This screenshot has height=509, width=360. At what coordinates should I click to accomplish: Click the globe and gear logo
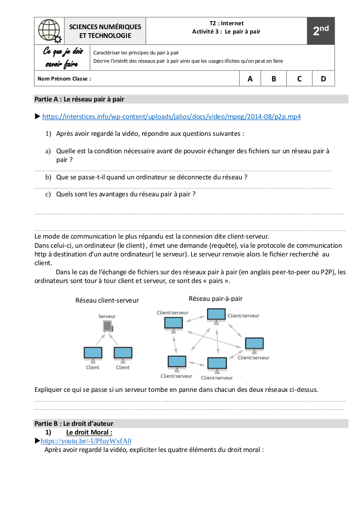(49, 31)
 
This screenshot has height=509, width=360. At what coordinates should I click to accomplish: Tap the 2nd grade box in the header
(321, 31)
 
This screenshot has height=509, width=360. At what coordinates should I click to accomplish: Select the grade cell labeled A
(250, 79)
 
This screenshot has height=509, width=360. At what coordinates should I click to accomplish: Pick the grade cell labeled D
(323, 79)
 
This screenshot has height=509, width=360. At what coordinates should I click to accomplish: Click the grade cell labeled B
(274, 79)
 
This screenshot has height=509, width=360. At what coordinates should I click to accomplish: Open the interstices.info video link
(171, 117)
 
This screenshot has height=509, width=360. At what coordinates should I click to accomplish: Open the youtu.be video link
(86, 441)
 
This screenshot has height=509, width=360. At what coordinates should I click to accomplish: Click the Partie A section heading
(79, 99)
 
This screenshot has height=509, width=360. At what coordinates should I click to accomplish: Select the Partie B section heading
(74, 423)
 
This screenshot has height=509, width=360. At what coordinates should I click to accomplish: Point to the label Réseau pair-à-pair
(216, 299)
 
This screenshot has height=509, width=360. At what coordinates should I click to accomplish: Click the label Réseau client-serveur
(107, 300)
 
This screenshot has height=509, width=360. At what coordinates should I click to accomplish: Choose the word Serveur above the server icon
(107, 317)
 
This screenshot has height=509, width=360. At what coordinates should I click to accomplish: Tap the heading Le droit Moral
(89, 432)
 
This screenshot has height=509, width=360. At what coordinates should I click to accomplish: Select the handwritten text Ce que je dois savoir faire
(62, 57)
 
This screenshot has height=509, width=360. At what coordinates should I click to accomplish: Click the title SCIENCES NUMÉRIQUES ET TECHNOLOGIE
(105, 31)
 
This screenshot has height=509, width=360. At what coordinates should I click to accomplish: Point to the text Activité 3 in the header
(207, 31)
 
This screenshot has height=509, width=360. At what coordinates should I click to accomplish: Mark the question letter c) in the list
(48, 194)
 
